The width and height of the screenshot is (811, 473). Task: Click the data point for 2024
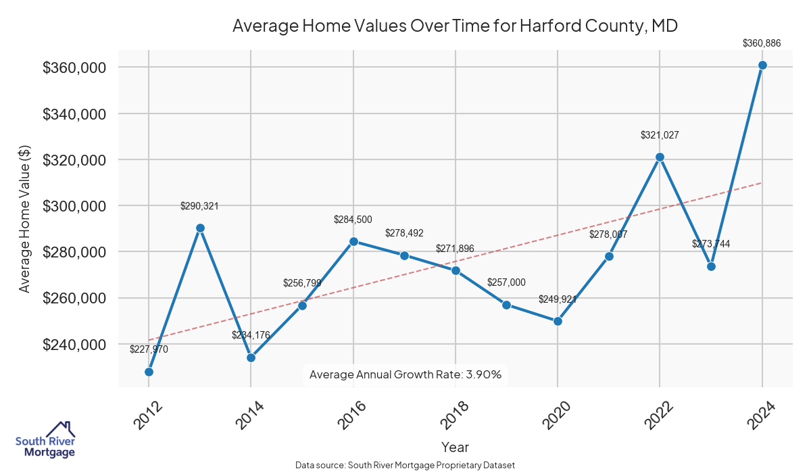pos(762,65)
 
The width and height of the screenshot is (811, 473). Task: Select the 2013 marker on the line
pos(200,228)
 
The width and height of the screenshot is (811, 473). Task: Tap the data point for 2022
pos(660,157)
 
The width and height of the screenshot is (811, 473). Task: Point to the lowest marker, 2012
pos(149,372)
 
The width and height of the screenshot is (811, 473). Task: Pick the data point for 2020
pos(558,321)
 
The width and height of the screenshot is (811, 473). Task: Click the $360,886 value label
pos(762,43)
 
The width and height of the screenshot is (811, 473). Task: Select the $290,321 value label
pos(199,206)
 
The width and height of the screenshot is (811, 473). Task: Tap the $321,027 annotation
pos(660,135)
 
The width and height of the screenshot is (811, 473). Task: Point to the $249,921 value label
pos(558,299)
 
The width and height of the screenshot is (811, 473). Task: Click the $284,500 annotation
pos(353,220)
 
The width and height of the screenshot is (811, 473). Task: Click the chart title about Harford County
pos(455,26)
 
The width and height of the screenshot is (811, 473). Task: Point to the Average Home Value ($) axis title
pos(24,219)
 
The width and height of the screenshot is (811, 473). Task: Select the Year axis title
pos(455,447)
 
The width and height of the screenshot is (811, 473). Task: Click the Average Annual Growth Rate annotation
pos(405,374)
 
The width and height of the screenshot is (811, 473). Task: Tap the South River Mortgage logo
pos(46,439)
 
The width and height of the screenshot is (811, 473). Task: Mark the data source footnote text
pos(405,466)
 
